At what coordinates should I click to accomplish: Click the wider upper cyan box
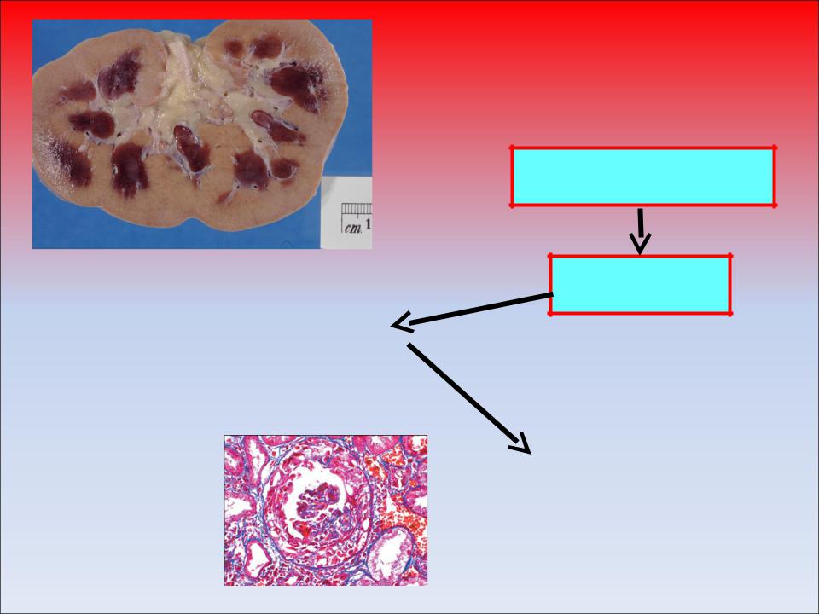click(642, 177)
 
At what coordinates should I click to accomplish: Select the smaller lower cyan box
click(640, 285)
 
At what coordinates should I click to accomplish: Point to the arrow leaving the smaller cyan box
click(472, 311)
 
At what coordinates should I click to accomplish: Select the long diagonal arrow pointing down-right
click(469, 398)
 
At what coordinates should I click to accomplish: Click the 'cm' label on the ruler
click(353, 228)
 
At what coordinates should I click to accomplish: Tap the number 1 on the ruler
click(369, 225)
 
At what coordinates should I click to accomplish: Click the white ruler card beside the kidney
click(346, 212)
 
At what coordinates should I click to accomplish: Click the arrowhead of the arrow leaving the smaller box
click(402, 324)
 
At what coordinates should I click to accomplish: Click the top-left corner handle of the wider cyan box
click(512, 148)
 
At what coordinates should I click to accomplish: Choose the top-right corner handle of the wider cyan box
click(774, 148)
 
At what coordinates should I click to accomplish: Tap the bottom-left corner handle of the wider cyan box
click(512, 206)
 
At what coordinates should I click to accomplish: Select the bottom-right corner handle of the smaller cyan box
click(729, 314)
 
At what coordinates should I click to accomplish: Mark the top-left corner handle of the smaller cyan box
click(550, 256)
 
